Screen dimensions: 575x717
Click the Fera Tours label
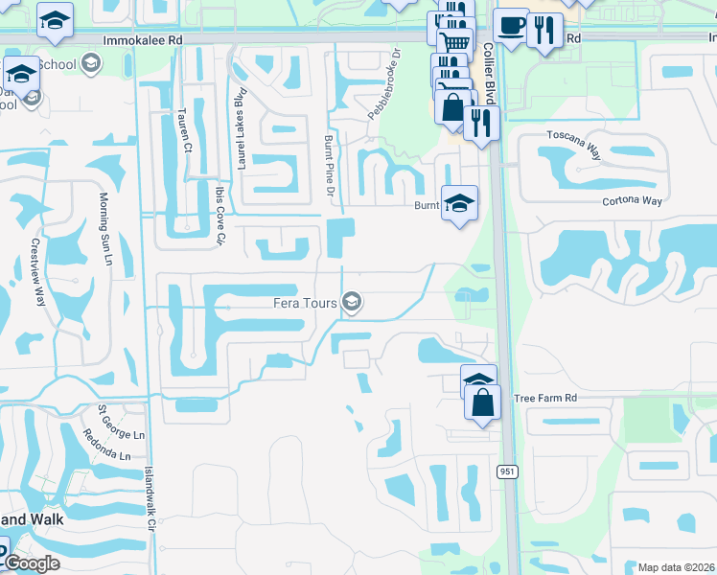[308, 303]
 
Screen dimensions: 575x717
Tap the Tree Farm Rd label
[545, 398]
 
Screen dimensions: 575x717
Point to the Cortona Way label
[633, 201]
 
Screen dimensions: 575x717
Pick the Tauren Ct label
[184, 134]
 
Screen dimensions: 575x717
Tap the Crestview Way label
[38, 271]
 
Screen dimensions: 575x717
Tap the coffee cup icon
[511, 24]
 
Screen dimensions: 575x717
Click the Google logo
[31, 563]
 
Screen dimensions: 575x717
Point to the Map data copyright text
[676, 567]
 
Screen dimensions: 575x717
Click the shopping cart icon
[454, 42]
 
